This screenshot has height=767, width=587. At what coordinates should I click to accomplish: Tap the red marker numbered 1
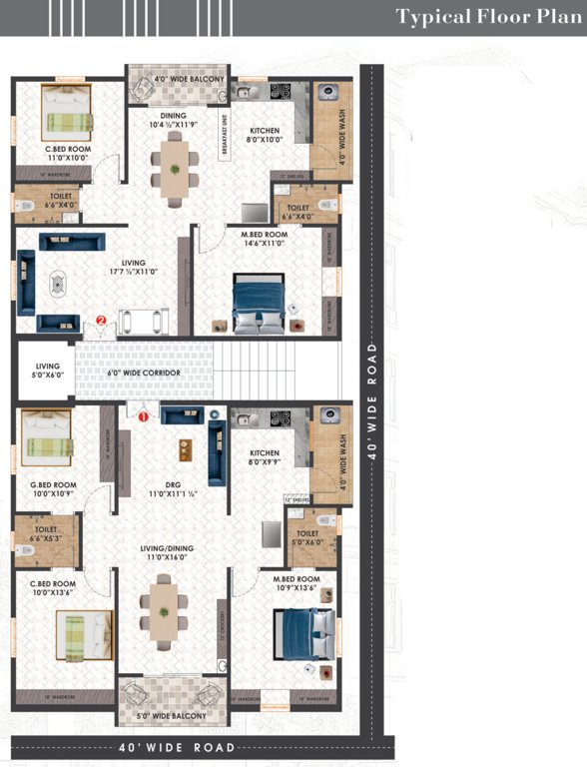tap(143, 417)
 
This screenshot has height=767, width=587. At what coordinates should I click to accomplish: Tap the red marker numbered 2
tap(101, 320)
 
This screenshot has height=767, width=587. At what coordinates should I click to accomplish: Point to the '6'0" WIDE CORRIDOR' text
tap(144, 373)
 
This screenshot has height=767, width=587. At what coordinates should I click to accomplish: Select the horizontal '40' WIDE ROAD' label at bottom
tap(177, 747)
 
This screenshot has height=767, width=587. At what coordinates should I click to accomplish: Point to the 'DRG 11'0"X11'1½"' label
tap(166, 489)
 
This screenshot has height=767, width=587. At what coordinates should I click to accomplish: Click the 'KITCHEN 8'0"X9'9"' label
tap(265, 458)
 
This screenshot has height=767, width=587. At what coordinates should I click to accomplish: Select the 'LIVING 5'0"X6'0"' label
tap(47, 371)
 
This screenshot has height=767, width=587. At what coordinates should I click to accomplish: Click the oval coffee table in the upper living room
tap(57, 284)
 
